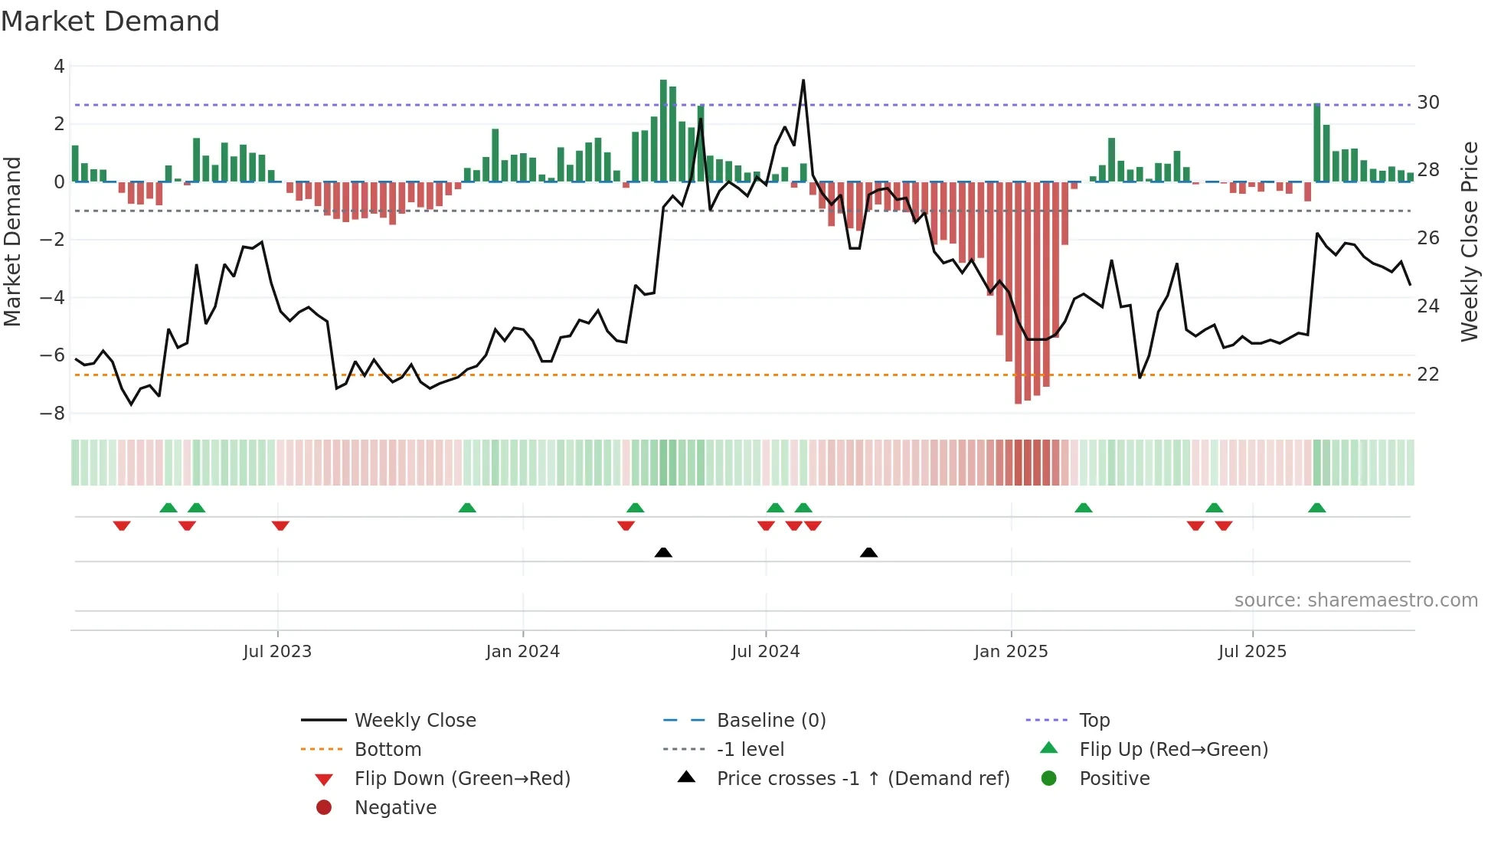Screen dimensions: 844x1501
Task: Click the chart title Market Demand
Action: (x=110, y=21)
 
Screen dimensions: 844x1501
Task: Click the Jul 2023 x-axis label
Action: (x=277, y=652)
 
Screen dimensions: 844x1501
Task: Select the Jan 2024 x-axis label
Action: (x=522, y=652)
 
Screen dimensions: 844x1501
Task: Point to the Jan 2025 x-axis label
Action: (x=1011, y=652)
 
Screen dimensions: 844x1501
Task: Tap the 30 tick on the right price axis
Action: (x=1428, y=103)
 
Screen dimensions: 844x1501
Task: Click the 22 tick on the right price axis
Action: (x=1428, y=375)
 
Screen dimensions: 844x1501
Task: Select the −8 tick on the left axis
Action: (x=52, y=414)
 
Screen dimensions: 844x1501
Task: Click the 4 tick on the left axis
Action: (x=59, y=67)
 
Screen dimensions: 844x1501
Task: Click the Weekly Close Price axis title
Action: (x=1469, y=241)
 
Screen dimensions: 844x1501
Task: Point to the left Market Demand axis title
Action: (x=13, y=241)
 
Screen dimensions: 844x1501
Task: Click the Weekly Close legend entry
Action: (x=414, y=721)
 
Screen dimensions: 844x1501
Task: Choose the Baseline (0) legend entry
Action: (x=770, y=721)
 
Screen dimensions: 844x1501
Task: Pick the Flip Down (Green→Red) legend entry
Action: (x=462, y=779)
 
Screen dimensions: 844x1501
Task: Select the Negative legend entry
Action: (x=395, y=808)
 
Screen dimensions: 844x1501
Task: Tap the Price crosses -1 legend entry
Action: (x=862, y=779)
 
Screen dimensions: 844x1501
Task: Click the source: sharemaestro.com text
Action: (x=1355, y=600)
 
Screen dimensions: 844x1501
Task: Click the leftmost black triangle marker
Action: (x=663, y=553)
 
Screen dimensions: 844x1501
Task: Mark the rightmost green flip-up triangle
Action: (x=1316, y=508)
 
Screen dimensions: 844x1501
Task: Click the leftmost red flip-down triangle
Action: (x=122, y=525)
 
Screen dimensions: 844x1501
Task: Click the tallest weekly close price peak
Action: (x=803, y=80)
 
